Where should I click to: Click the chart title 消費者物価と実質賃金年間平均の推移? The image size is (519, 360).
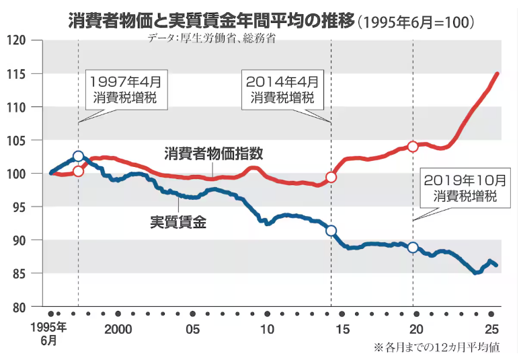[212, 20]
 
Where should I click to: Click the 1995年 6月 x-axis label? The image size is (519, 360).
[52, 334]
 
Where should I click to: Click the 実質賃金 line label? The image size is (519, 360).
[177, 221]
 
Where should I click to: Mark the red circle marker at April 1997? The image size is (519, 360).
[78, 171]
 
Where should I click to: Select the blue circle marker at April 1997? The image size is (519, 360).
[78, 156]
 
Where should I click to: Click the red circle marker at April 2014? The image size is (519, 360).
[331, 178]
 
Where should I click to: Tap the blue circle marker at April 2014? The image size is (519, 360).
[331, 230]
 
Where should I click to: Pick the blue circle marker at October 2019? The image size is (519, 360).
[413, 247]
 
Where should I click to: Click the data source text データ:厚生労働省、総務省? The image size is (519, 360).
[212, 38]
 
